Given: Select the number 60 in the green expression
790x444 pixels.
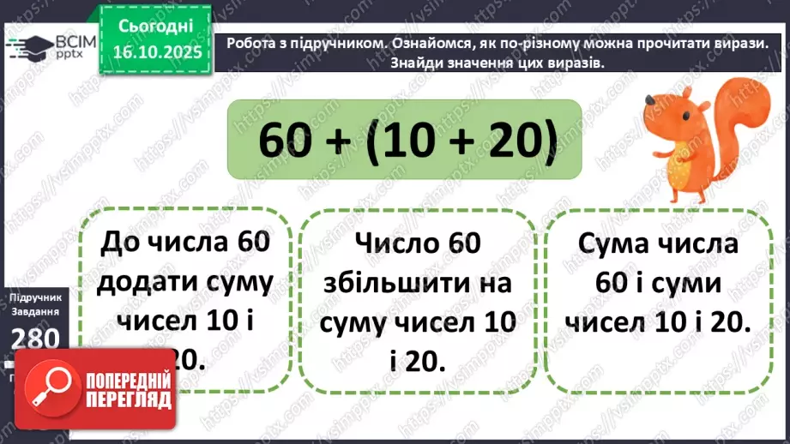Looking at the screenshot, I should tap(286, 141).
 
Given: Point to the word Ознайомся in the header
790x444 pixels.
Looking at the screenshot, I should tap(408, 45).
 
